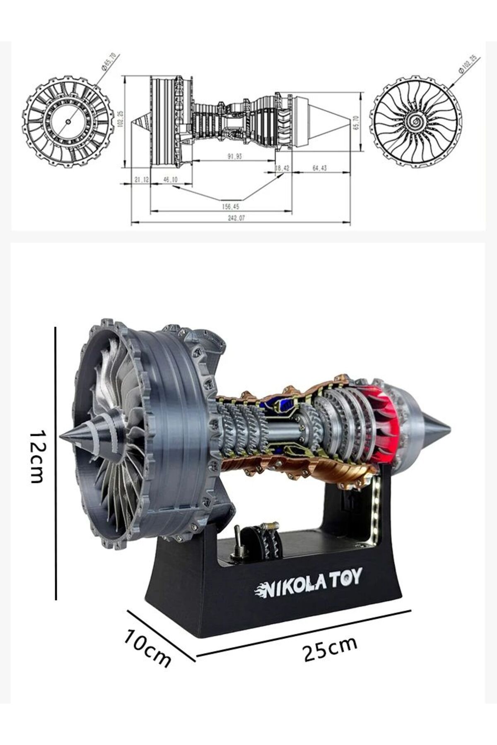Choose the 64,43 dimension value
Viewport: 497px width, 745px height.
pos(319,168)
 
